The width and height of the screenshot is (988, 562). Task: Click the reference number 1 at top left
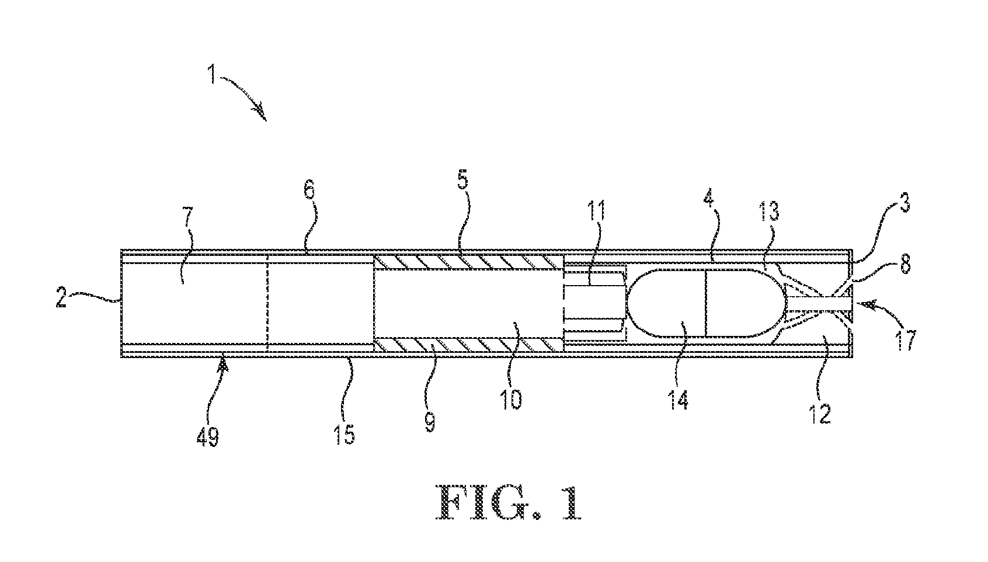pyautogui.click(x=213, y=74)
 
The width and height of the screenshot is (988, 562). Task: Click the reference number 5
pyautogui.click(x=462, y=179)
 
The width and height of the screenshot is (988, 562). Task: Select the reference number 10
pyautogui.click(x=511, y=398)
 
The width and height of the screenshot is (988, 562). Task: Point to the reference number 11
pyautogui.click(x=596, y=211)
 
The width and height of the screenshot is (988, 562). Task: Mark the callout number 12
pyautogui.click(x=820, y=414)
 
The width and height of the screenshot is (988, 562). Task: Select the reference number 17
pyautogui.click(x=906, y=340)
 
